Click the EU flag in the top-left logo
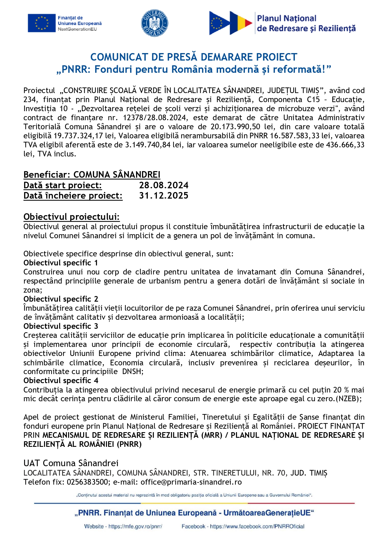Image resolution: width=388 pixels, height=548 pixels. [x=41, y=23]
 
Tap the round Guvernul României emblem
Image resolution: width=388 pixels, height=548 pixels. [x=155, y=23]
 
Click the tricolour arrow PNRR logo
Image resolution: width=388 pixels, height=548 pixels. [x=230, y=23]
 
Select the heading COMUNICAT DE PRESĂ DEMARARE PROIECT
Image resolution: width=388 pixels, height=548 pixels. [x=194, y=57]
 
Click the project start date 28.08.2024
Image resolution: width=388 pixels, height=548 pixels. [x=164, y=185]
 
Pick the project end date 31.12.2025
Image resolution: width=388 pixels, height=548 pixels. [x=164, y=195]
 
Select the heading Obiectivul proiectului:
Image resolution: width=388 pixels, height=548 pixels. [x=72, y=217]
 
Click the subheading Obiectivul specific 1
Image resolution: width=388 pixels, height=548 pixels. [x=61, y=263]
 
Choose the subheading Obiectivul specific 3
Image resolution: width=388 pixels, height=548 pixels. [x=61, y=326]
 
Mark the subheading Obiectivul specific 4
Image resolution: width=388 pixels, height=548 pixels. [x=61, y=380]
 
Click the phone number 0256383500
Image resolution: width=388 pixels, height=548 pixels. [x=87, y=482]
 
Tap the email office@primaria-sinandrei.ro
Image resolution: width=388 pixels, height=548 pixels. [x=191, y=482]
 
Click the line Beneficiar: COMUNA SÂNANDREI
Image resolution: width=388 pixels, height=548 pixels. [x=92, y=175]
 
